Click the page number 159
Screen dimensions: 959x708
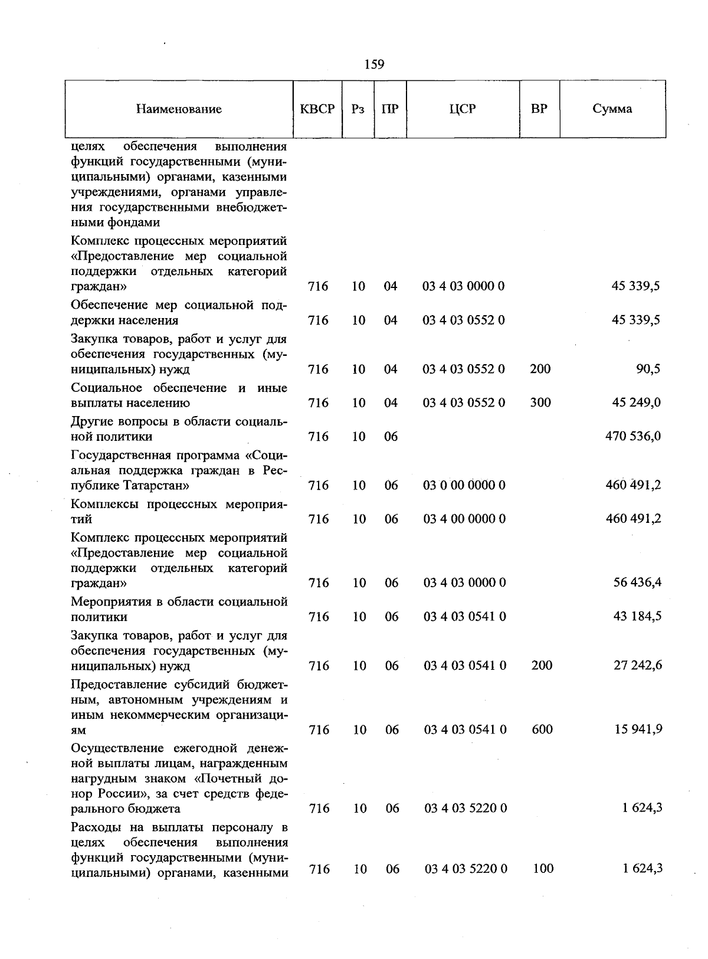click(374, 64)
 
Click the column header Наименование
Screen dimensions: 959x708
click(179, 109)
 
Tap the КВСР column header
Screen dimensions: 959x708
click(317, 109)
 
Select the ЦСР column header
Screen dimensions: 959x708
click(463, 109)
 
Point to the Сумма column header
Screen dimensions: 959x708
click(612, 109)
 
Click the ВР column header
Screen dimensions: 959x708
click(539, 109)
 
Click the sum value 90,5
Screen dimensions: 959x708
click(648, 369)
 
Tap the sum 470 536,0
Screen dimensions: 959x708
click(633, 437)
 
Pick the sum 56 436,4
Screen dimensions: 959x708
click(637, 583)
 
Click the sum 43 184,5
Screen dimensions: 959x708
click(637, 617)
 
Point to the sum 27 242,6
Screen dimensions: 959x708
click(638, 666)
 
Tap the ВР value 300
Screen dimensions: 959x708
click(540, 403)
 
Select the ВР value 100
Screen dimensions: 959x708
click(542, 869)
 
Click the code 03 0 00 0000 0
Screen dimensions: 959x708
click(464, 486)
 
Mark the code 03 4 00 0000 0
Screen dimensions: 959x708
click(464, 519)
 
